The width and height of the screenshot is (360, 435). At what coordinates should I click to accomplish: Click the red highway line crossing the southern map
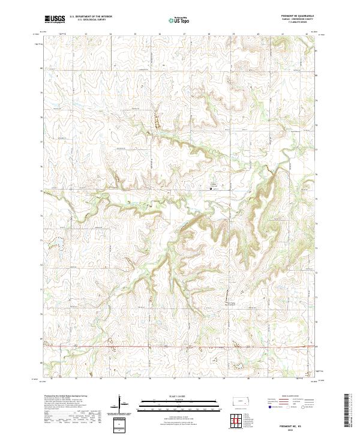point(180,346)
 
